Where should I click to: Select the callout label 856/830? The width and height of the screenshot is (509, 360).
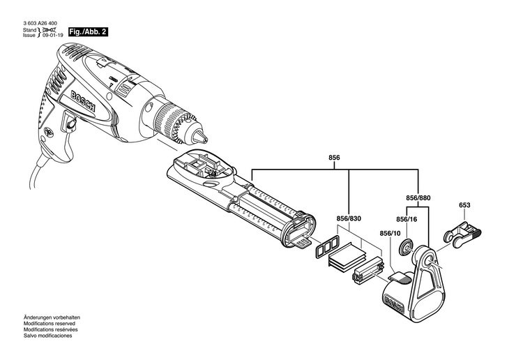point(348,218)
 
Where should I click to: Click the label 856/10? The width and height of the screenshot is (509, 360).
point(390,233)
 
